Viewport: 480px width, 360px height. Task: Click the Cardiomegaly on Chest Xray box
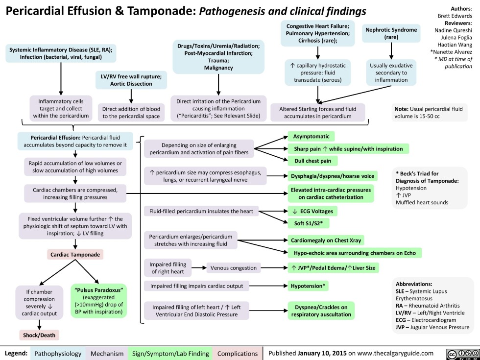tap(327, 240)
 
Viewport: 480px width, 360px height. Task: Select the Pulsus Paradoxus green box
tap(99, 299)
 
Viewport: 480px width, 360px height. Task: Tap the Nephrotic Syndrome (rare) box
tap(391, 33)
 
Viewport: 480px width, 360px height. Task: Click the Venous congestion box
tap(233, 267)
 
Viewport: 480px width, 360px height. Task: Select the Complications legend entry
tap(237, 353)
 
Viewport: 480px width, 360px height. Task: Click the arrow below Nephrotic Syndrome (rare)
tap(391, 51)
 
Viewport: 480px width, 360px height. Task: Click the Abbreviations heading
tap(414, 283)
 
